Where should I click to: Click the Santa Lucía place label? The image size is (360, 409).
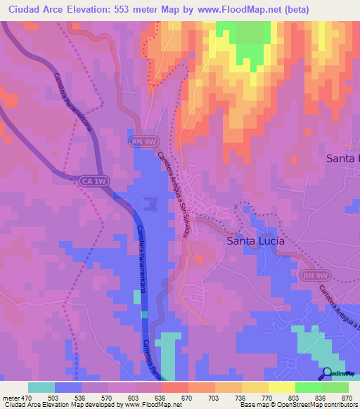(x=255, y=241)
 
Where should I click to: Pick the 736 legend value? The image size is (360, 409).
(x=240, y=398)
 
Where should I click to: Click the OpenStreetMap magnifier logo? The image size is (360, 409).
(x=328, y=374)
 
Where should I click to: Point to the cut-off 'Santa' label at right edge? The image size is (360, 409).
(x=342, y=159)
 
